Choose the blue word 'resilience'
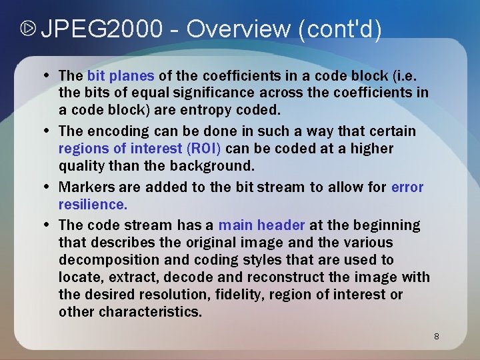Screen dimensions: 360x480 coord(92,204)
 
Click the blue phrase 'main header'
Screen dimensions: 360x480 coord(261,225)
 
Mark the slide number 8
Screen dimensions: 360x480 coord(437,336)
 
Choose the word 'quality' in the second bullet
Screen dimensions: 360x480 coord(82,165)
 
